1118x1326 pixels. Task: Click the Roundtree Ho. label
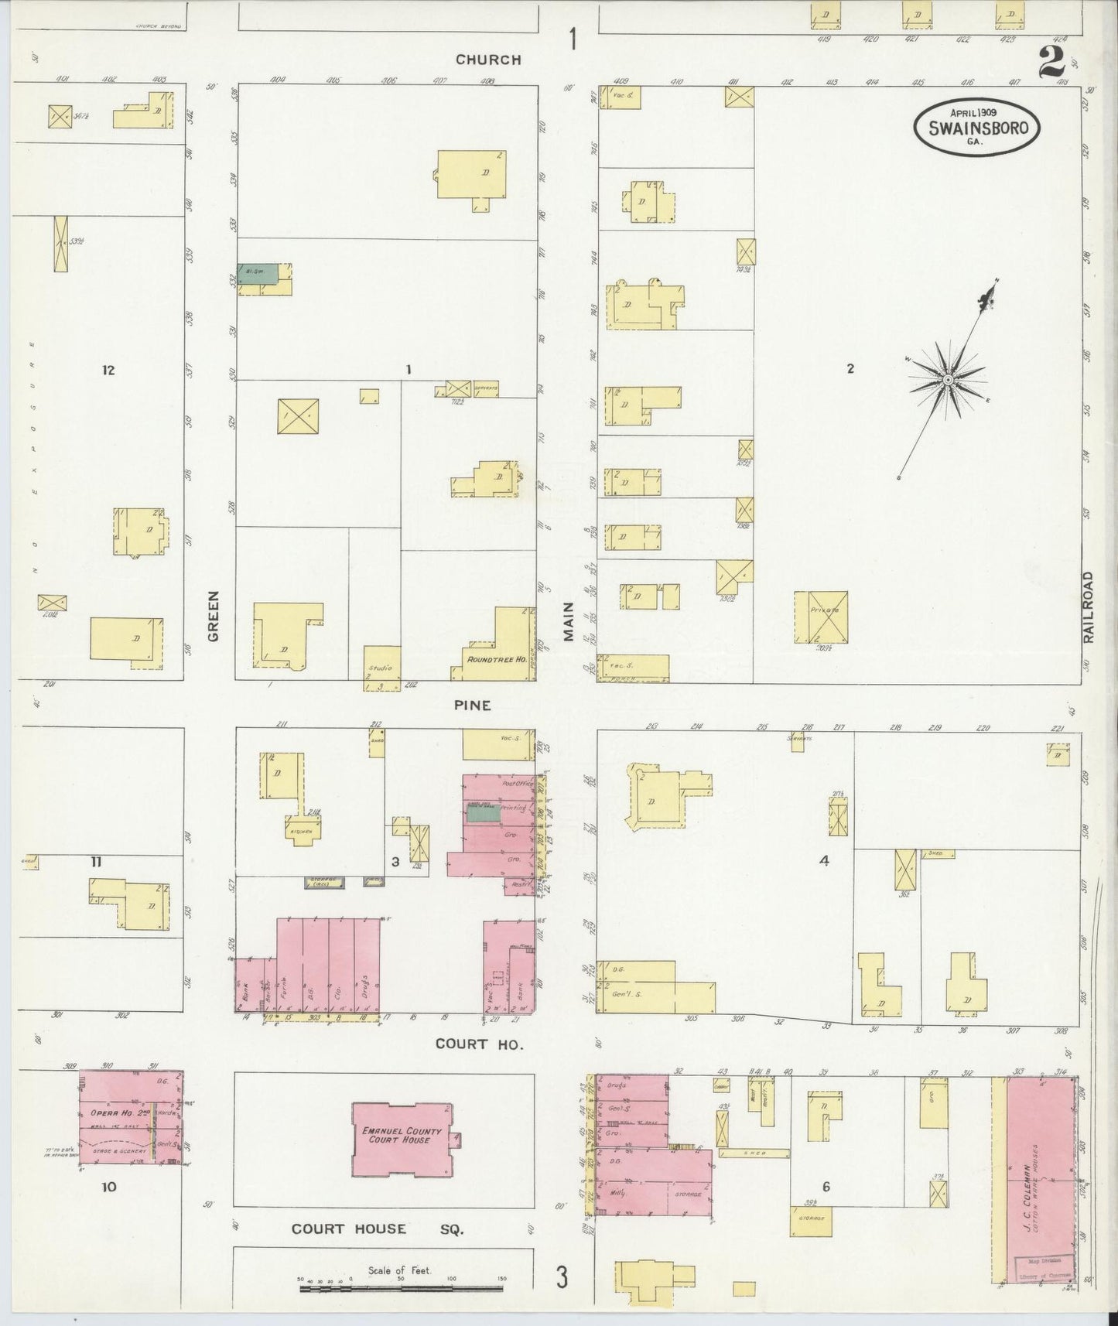click(495, 660)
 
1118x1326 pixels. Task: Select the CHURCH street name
click(488, 60)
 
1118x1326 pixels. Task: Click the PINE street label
click(473, 705)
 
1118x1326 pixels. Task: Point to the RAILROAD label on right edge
click(1089, 607)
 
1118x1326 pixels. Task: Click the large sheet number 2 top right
click(1053, 61)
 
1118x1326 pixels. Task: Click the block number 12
click(108, 370)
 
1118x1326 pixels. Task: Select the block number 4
click(824, 860)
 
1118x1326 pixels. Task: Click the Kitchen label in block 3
click(301, 831)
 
